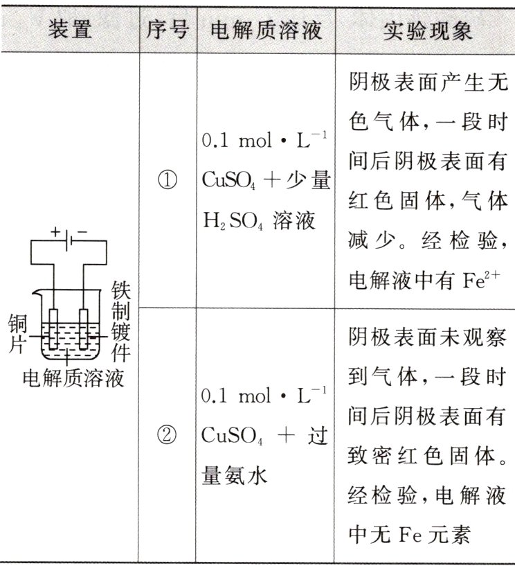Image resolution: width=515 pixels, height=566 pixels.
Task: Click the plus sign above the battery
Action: click(x=55, y=231)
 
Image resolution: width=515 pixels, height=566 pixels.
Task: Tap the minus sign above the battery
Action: click(x=82, y=231)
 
